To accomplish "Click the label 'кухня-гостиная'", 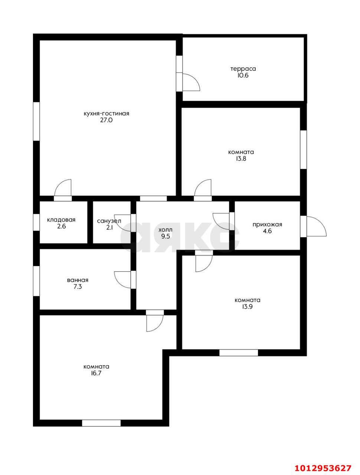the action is [106, 114].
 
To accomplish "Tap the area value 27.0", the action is [106, 120].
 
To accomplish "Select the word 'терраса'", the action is [243, 69].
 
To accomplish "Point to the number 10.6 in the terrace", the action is [243, 76].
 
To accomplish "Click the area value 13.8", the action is [241, 158].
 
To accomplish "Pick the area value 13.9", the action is [247, 307].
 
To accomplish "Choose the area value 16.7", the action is [96, 373].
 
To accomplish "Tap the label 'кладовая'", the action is [61, 220].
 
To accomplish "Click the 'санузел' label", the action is [109, 221].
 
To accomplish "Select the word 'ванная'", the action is [78, 280].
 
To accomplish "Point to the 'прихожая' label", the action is [268, 225].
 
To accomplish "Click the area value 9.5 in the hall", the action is [165, 236].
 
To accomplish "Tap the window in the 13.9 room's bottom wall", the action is [239, 353].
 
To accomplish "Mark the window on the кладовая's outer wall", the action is [36, 222].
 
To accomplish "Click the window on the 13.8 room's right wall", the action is [304, 150].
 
